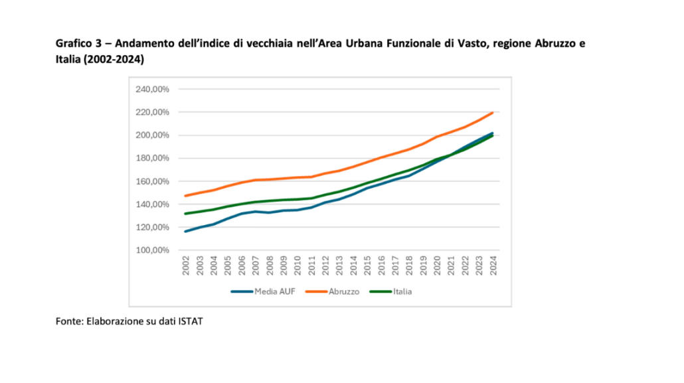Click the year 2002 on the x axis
187,267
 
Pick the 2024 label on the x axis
493,267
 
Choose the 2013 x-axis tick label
340,267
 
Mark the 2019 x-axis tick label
424,267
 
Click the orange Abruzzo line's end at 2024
492,112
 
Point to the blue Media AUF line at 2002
187,231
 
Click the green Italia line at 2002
187,213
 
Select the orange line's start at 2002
187,195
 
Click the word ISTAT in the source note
190,322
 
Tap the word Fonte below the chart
68,322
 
